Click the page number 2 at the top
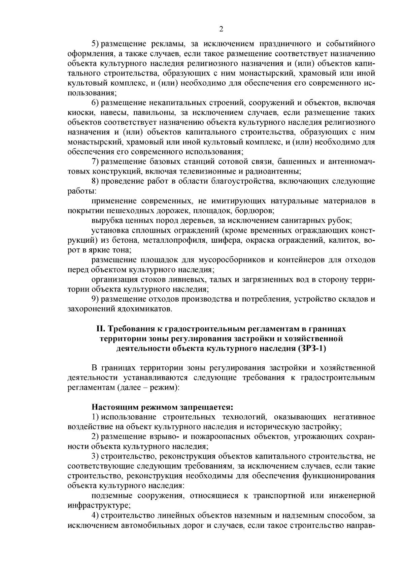pyautogui.click(x=221, y=29)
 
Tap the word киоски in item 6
pyautogui.click(x=79, y=112)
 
